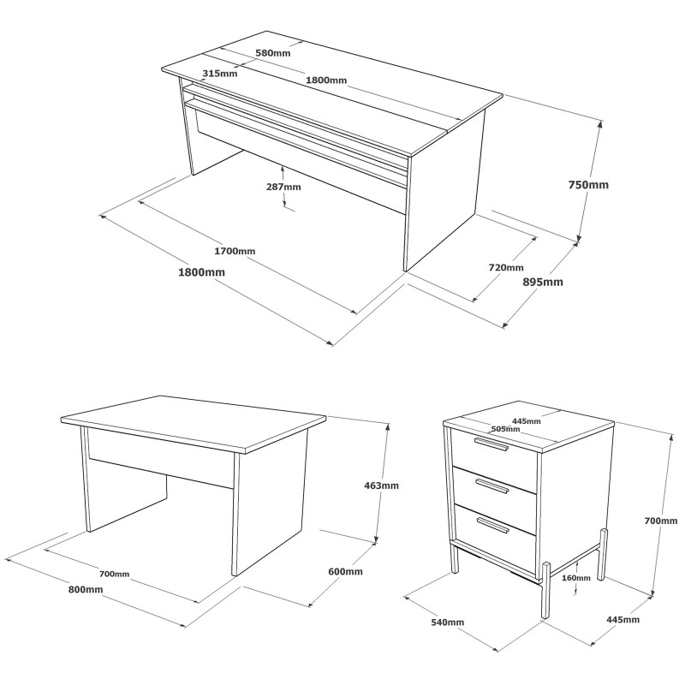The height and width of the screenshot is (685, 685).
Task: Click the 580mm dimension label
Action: click(273, 53)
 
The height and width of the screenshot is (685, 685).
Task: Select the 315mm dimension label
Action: click(220, 74)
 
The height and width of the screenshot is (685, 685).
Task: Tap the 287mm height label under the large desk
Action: click(283, 187)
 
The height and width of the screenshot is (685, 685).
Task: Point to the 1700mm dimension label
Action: click(235, 251)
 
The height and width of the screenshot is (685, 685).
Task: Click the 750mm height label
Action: click(588, 185)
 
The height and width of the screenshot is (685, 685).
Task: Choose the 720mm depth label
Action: click(506, 267)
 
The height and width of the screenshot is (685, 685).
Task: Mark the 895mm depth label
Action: click(543, 282)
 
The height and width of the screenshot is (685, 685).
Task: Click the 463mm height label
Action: click(381, 485)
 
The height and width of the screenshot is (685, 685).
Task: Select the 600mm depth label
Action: click(345, 571)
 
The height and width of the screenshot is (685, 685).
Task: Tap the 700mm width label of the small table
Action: click(115, 574)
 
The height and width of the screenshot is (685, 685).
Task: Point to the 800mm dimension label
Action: click(86, 590)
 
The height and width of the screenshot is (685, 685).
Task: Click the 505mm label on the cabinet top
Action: click(505, 429)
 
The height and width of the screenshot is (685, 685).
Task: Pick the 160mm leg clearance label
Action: click(576, 578)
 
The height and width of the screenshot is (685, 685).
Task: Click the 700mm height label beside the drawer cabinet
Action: click(661, 521)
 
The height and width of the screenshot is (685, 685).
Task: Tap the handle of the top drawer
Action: click(491, 444)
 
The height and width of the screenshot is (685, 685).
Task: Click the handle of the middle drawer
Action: click(492, 486)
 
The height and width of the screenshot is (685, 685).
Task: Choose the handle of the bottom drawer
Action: click(493, 525)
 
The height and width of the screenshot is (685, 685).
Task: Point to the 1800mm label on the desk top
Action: click(326, 80)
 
